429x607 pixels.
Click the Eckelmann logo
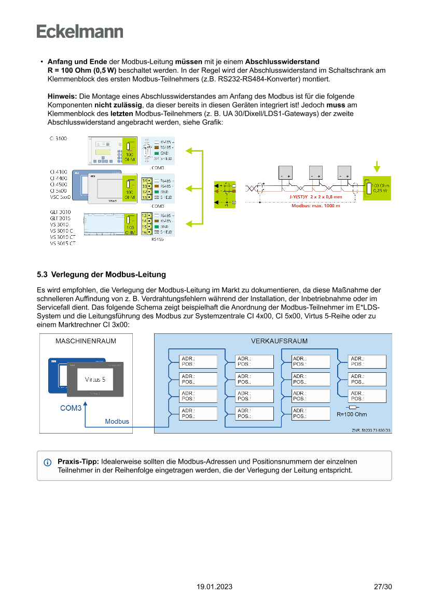pyautogui.click(x=80, y=31)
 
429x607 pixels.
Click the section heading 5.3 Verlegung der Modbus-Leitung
pyautogui.click(x=101, y=274)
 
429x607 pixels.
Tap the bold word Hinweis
pyautogui.click(x=62, y=96)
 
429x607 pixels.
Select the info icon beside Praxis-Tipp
pyautogui.click(x=48, y=462)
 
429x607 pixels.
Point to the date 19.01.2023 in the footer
pyautogui.click(x=214, y=587)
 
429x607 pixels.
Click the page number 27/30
pyautogui.click(x=383, y=587)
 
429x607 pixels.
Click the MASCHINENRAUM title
pyautogui.click(x=86, y=341)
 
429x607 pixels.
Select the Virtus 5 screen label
pyautogui.click(x=95, y=380)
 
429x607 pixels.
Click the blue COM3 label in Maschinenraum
pyautogui.click(x=71, y=408)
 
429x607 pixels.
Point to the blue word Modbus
pyautogui.click(x=117, y=421)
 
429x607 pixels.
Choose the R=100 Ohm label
pyautogui.click(x=352, y=414)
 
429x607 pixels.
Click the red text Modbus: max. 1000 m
pyautogui.click(x=315, y=206)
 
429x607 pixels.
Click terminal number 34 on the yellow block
pyautogui.click(x=144, y=180)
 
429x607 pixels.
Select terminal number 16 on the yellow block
pyautogui.click(x=144, y=233)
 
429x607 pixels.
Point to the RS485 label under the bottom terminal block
pyautogui.click(x=157, y=239)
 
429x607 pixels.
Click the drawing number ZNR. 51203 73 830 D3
pyautogui.click(x=371, y=430)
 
